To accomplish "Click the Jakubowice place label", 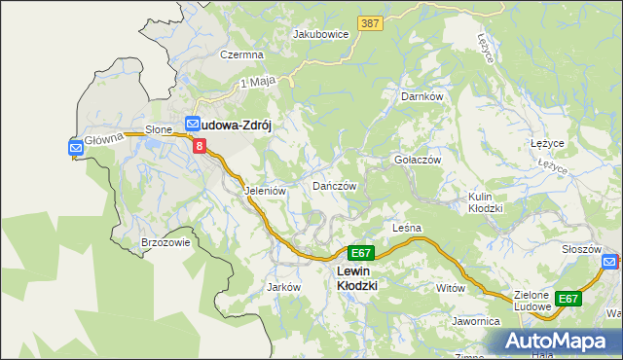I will pos(320,33).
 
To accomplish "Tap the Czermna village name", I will pos(242,55).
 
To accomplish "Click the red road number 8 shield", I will pos(200,146).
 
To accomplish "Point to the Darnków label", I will pos(422,97).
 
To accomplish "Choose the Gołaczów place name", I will pos(418,160).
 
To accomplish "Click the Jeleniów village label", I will pos(265,192).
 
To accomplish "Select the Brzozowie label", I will pos(165,243).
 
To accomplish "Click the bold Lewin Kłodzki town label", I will pos(356,278).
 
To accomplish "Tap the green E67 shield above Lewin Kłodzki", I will pos(360,252).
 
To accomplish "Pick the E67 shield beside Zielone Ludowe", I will pos(568,299).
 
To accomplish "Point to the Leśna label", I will pos(406,228).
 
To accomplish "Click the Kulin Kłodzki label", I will pos(485,202).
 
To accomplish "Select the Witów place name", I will pos(452,289).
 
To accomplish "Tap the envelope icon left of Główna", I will pos(76,147).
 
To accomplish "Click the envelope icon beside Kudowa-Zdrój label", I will pos(192,125).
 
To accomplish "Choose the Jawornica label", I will pos(475,320).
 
